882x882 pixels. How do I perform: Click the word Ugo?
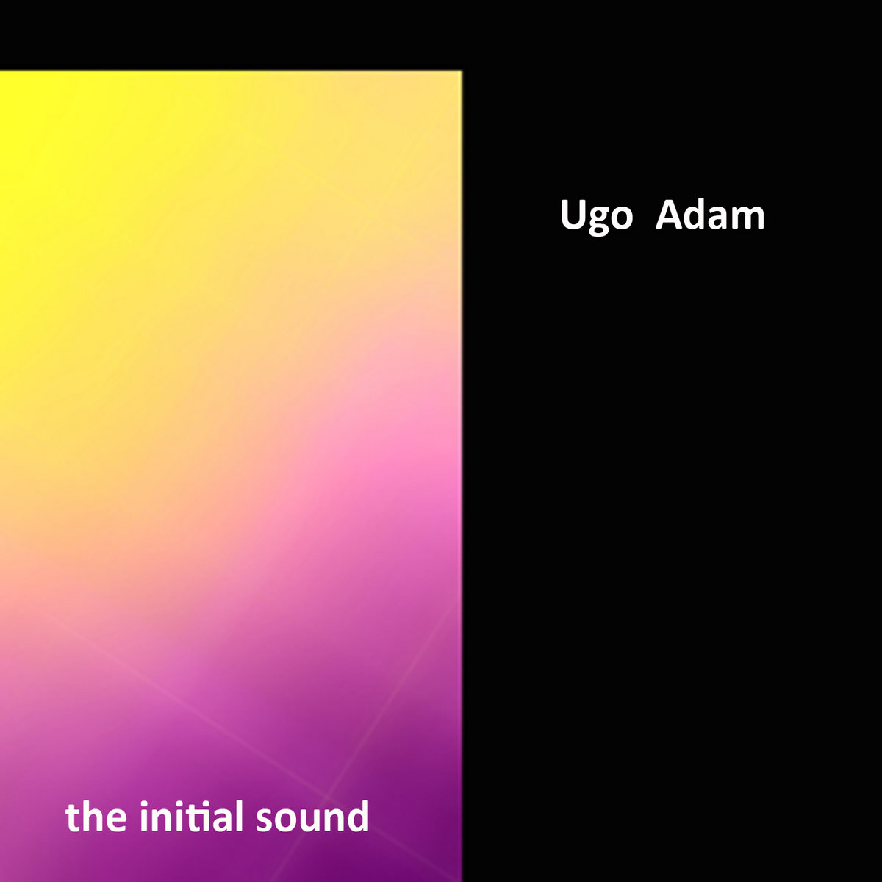(596, 217)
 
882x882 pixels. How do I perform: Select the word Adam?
(710, 215)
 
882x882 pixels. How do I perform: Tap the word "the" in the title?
(92, 817)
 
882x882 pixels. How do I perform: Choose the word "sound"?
(312, 817)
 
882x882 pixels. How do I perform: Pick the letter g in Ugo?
(599, 220)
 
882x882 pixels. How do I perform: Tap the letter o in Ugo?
(622, 218)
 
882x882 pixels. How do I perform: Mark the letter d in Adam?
(696, 215)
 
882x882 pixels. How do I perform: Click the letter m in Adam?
(749, 218)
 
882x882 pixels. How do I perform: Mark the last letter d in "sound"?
(359, 816)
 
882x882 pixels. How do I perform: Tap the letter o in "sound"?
(286, 820)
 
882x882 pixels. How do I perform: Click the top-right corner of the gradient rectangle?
(461, 71)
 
